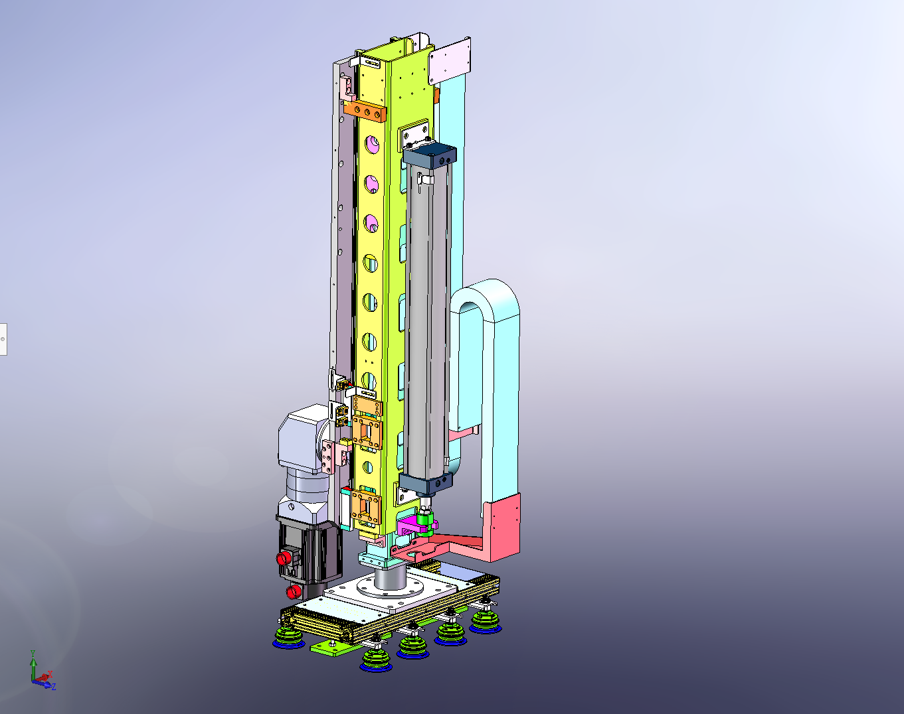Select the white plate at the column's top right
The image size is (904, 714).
tap(450, 61)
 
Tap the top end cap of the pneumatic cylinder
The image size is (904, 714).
tap(430, 155)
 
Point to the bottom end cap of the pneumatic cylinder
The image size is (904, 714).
tap(426, 482)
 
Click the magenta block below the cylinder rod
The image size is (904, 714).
tap(407, 526)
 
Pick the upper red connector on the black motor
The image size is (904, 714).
tap(284, 558)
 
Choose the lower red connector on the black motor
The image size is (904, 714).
tap(293, 592)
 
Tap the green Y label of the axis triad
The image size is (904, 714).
tap(33, 653)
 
